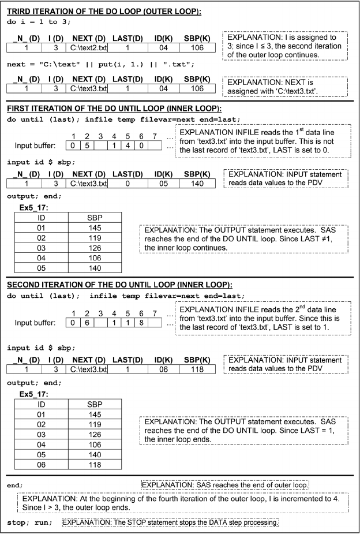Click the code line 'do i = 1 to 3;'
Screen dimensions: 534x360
[35, 24]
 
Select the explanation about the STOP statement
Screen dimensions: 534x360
[170, 523]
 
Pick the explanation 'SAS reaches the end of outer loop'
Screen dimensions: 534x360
[225, 484]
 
